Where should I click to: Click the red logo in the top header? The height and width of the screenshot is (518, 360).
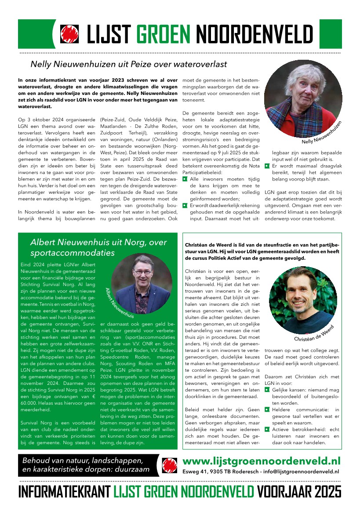click(x=69, y=34)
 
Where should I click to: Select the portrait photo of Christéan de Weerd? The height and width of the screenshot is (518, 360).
click(x=303, y=299)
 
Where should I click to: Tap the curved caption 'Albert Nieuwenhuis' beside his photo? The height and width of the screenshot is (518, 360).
click(x=119, y=303)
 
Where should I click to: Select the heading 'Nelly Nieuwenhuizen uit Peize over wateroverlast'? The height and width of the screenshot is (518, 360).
click(x=128, y=64)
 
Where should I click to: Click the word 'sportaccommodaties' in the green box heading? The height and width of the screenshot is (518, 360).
click(x=72, y=253)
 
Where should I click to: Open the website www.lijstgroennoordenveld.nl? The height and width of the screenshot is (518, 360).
click(x=261, y=461)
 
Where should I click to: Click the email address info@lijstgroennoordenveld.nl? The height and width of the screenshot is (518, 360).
click(x=304, y=471)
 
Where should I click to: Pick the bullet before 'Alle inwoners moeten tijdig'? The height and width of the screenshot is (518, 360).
click(x=185, y=179)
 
